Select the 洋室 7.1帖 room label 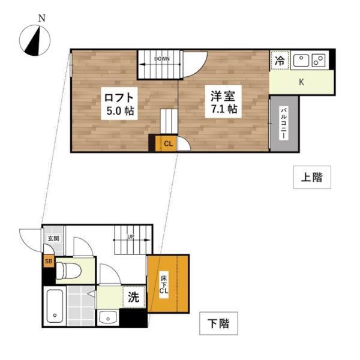[223, 102]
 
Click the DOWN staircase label [161, 59]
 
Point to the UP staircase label [130, 237]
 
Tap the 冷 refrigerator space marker [280, 59]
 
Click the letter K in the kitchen [301, 82]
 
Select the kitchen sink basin [301, 60]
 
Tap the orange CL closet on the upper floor [167, 143]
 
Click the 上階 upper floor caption [311, 177]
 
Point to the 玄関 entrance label [53, 238]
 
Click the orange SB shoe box [47, 262]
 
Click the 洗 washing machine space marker [134, 296]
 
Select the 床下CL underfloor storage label [163, 283]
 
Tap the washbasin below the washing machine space [109, 316]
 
